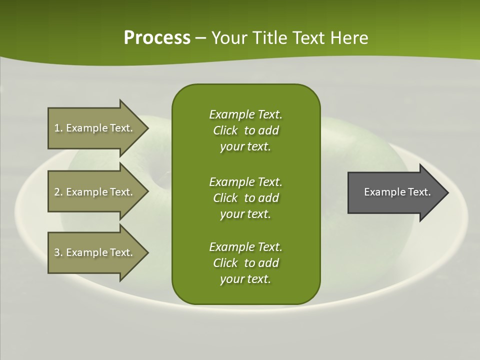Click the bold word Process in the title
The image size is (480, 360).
(157, 38)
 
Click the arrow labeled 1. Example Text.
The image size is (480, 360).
(95, 128)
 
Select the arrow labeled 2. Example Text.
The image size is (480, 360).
(95, 192)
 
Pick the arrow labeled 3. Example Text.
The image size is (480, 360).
(95, 252)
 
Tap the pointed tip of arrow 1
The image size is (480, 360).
(147, 128)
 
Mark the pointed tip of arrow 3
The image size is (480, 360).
(147, 252)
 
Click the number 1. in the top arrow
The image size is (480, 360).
(58, 128)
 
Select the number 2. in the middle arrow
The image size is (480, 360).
(58, 192)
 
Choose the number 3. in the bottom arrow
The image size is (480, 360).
(58, 252)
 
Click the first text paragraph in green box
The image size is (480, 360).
(245, 130)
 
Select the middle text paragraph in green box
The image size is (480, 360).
(245, 197)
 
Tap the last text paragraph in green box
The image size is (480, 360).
(245, 263)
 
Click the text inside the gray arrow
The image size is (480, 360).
(397, 192)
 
